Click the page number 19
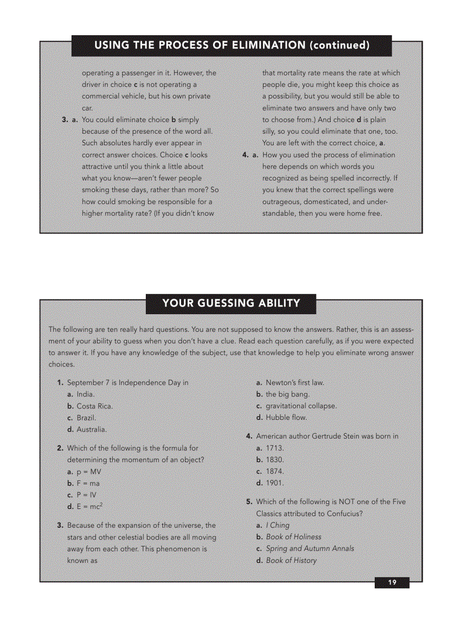pyautogui.click(x=392, y=583)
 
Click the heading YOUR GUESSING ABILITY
pyautogui.click(x=231, y=303)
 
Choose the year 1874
pyautogui.click(x=275, y=471)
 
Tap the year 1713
pyautogui.click(x=275, y=448)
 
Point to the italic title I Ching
pyautogui.click(x=277, y=525)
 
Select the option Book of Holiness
pyautogui.click(x=293, y=537)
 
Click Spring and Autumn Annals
pyautogui.click(x=310, y=548)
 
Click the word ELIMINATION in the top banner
pyautogui.click(x=260, y=45)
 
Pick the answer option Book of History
pyautogui.click(x=291, y=560)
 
